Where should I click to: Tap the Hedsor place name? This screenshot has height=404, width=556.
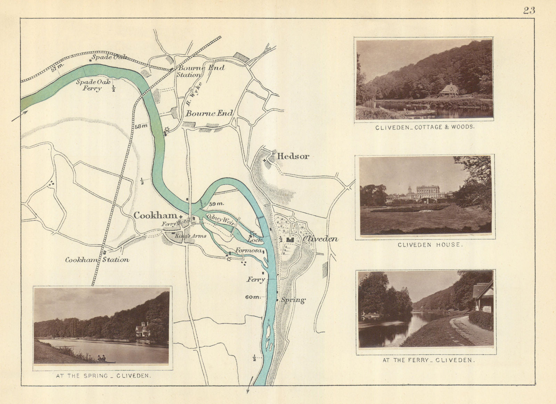pos(293,156)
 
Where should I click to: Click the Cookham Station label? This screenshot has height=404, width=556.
pos(97,259)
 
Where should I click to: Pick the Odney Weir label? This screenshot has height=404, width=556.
pos(220,219)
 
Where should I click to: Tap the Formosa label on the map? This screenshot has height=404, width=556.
pos(248,250)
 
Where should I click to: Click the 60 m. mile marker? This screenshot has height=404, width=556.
pos(252,297)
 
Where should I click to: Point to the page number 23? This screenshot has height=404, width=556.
pos(529,10)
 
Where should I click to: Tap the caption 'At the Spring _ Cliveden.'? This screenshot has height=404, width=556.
pos(103,376)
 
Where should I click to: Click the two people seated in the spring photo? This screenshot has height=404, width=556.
pos(101,358)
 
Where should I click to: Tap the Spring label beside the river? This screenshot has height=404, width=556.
pos(293,300)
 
